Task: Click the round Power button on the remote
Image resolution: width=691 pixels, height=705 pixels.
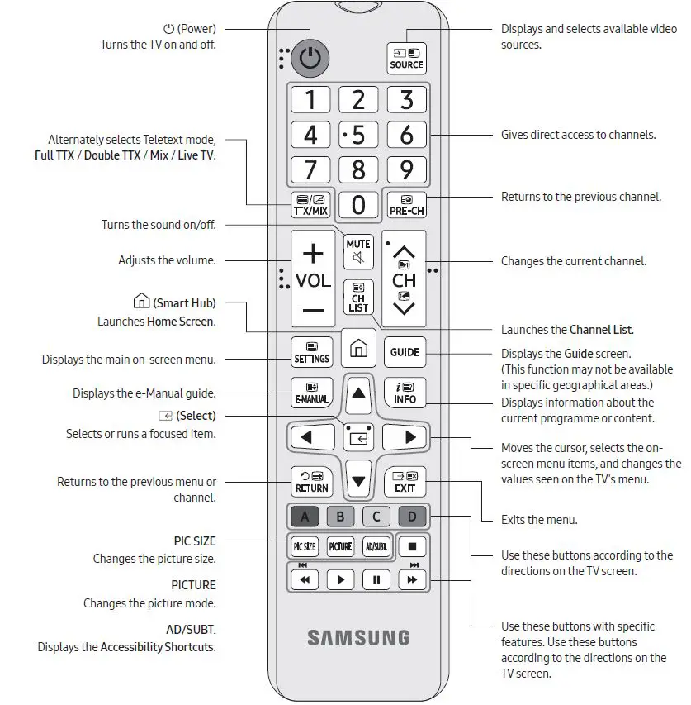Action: pos(310,57)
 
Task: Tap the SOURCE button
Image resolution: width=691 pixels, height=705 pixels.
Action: pos(406,57)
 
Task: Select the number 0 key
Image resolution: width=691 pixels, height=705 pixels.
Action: pos(358,204)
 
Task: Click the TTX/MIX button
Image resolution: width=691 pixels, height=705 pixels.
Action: pos(310,204)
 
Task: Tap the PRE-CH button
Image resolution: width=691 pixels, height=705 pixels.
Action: pos(406,204)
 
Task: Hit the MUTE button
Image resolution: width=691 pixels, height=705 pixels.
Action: pos(358,250)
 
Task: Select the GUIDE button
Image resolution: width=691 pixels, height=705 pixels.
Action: pos(405,351)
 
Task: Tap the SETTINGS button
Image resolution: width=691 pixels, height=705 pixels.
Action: pos(311,352)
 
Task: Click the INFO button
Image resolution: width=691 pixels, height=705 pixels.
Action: pos(405,393)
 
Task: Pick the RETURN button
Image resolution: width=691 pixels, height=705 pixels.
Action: pos(311,481)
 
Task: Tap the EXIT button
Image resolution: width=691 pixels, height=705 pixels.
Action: pos(405,481)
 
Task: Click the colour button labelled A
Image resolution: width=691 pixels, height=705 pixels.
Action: pos(305,517)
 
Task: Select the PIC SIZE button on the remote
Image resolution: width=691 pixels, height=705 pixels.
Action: pos(305,546)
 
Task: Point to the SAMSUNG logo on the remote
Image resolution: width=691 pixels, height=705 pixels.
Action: pos(358,637)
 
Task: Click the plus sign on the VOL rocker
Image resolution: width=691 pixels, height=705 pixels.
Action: pos(313,252)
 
